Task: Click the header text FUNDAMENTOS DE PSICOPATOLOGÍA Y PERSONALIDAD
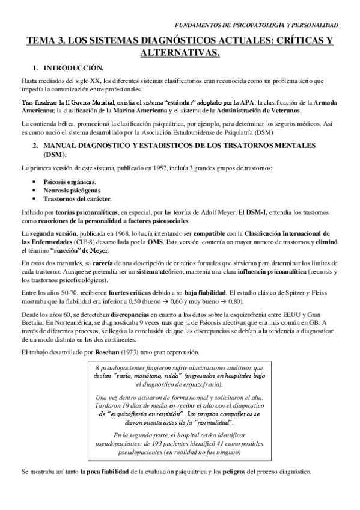click(260, 25)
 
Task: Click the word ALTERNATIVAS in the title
click(180, 54)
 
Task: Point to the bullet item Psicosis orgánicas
click(69, 182)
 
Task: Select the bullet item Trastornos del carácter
click(77, 198)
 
